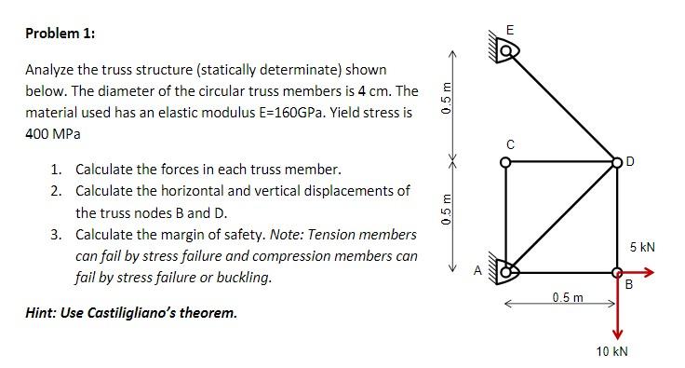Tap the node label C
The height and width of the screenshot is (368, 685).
509,144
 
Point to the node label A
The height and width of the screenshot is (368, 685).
478,271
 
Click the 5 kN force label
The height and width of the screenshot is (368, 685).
642,248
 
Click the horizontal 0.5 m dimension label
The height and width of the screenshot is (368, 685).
566,297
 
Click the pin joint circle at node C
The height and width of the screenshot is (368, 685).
506,161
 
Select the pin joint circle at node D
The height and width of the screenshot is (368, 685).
617,161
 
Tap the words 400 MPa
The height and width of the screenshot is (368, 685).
52,134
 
